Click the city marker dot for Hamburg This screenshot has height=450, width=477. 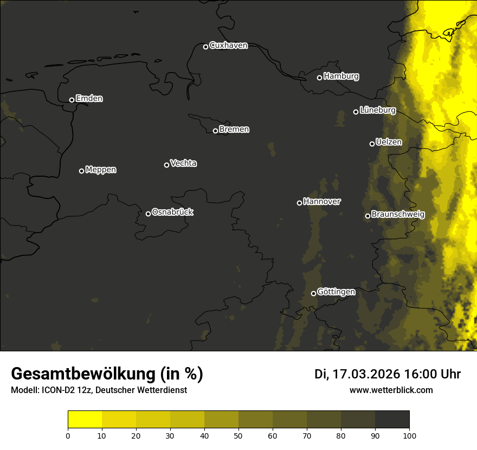click(x=319, y=78)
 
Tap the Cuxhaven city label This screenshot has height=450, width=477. click(x=228, y=46)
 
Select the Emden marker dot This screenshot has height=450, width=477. click(x=72, y=100)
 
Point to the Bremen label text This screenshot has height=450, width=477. click(x=234, y=130)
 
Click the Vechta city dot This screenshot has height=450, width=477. click(x=166, y=165)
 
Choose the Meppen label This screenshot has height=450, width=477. click(x=101, y=170)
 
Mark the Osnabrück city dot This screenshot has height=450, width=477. click(x=148, y=214)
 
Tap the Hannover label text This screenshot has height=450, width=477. click(x=322, y=202)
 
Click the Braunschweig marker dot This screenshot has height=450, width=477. click(x=368, y=216)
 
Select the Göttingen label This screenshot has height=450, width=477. click(x=336, y=292)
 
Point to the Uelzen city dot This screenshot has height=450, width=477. click(x=372, y=144)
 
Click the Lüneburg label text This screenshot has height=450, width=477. click(x=377, y=110)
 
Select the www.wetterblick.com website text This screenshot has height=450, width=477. click(x=391, y=390)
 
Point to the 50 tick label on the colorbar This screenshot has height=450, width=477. click(x=238, y=435)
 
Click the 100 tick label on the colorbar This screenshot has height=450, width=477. click(x=409, y=435)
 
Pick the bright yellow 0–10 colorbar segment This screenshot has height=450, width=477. click(x=85, y=419)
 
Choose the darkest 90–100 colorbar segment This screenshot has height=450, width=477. click(x=392, y=419)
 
